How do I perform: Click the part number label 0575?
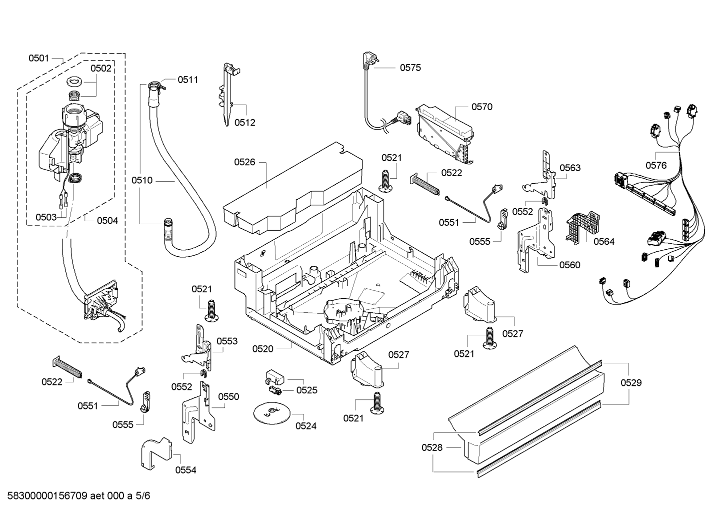tap(410, 68)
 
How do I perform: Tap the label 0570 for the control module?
tap(481, 107)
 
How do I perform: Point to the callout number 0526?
tap(244, 162)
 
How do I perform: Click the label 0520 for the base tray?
tap(263, 349)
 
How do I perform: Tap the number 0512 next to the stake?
tap(244, 123)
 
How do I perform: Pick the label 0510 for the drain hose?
tap(142, 180)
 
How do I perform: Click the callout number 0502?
tap(100, 69)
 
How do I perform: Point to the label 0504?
tap(107, 220)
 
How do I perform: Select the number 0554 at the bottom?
tap(185, 470)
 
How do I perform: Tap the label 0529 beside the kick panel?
tap(631, 383)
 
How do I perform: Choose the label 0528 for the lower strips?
tap(432, 448)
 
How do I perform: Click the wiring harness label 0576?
tap(656, 165)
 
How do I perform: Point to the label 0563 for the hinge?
tap(570, 168)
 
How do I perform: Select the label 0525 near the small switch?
tap(307, 390)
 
